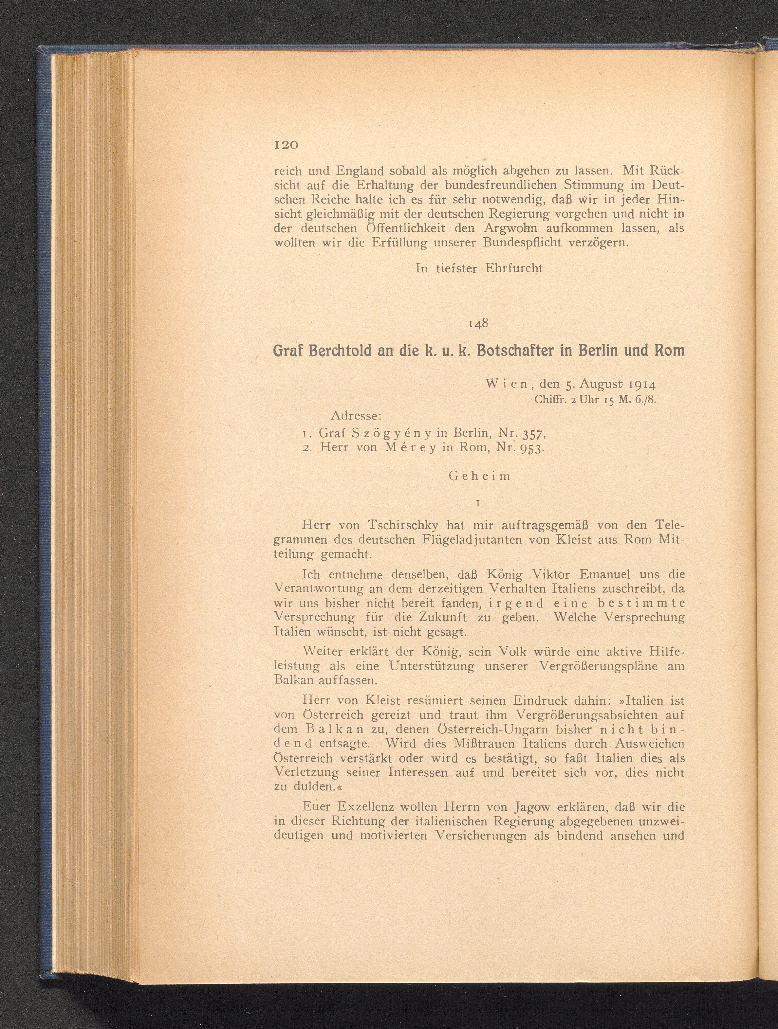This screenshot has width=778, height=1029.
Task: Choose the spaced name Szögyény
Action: [382, 433]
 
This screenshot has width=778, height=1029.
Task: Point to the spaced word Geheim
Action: [479, 476]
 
